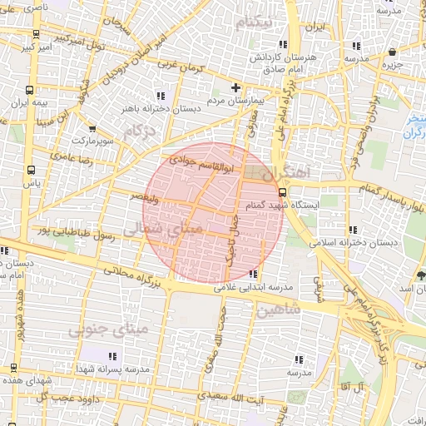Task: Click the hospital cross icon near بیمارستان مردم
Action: (x=235, y=87)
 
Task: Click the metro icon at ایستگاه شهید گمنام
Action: (x=284, y=190)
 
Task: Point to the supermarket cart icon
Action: (x=92, y=129)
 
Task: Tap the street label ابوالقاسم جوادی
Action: (x=204, y=163)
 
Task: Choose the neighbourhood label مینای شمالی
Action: (x=156, y=229)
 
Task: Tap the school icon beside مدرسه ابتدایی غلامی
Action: (x=253, y=274)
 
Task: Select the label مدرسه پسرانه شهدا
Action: (x=111, y=369)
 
